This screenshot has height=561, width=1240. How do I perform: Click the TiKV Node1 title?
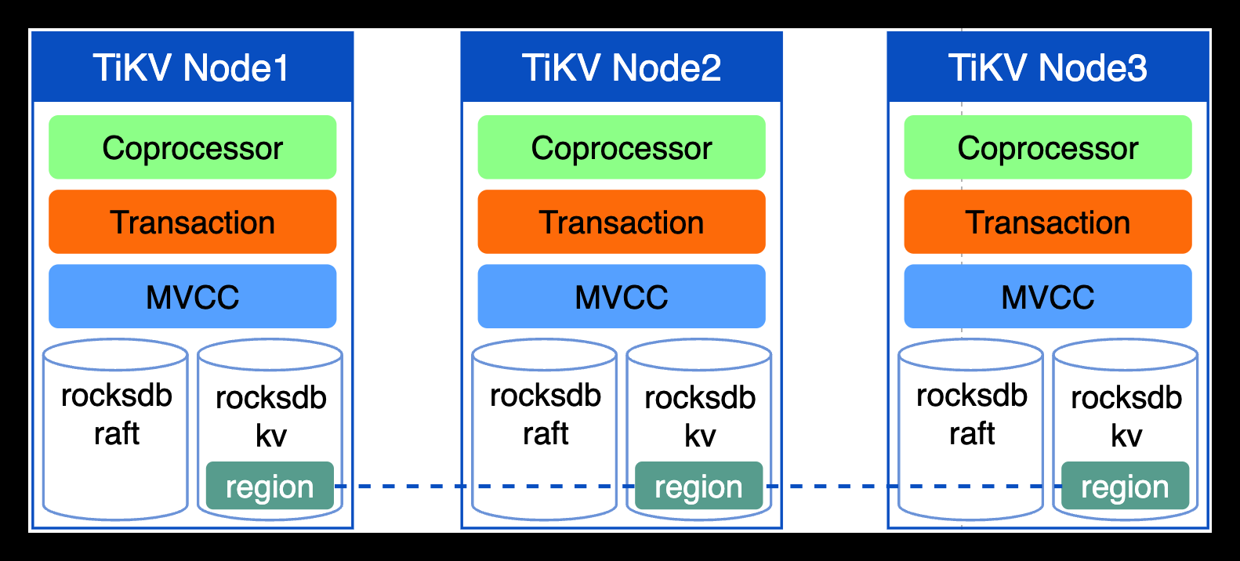[192, 68]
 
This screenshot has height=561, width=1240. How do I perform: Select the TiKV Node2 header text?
[622, 68]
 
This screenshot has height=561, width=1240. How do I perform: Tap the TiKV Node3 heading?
[1048, 68]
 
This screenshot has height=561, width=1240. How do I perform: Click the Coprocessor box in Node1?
[192, 147]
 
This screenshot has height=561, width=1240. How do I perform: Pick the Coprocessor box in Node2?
[622, 147]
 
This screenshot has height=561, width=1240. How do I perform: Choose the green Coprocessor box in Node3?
[1048, 147]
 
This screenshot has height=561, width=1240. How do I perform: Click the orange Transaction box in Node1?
[192, 222]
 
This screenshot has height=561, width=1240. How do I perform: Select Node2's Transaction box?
[622, 222]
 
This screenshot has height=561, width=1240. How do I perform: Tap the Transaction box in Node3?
[1048, 222]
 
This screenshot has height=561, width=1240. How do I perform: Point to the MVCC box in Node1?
[192, 296]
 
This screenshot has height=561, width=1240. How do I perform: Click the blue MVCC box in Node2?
[622, 296]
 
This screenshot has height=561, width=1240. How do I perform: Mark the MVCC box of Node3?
[1048, 296]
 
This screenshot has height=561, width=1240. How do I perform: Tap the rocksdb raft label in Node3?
[972, 414]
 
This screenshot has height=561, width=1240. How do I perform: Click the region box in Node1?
[270, 487]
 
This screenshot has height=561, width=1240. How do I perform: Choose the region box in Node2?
[698, 487]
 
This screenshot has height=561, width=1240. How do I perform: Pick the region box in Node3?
[1125, 487]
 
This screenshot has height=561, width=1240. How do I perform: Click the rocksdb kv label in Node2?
[699, 416]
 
